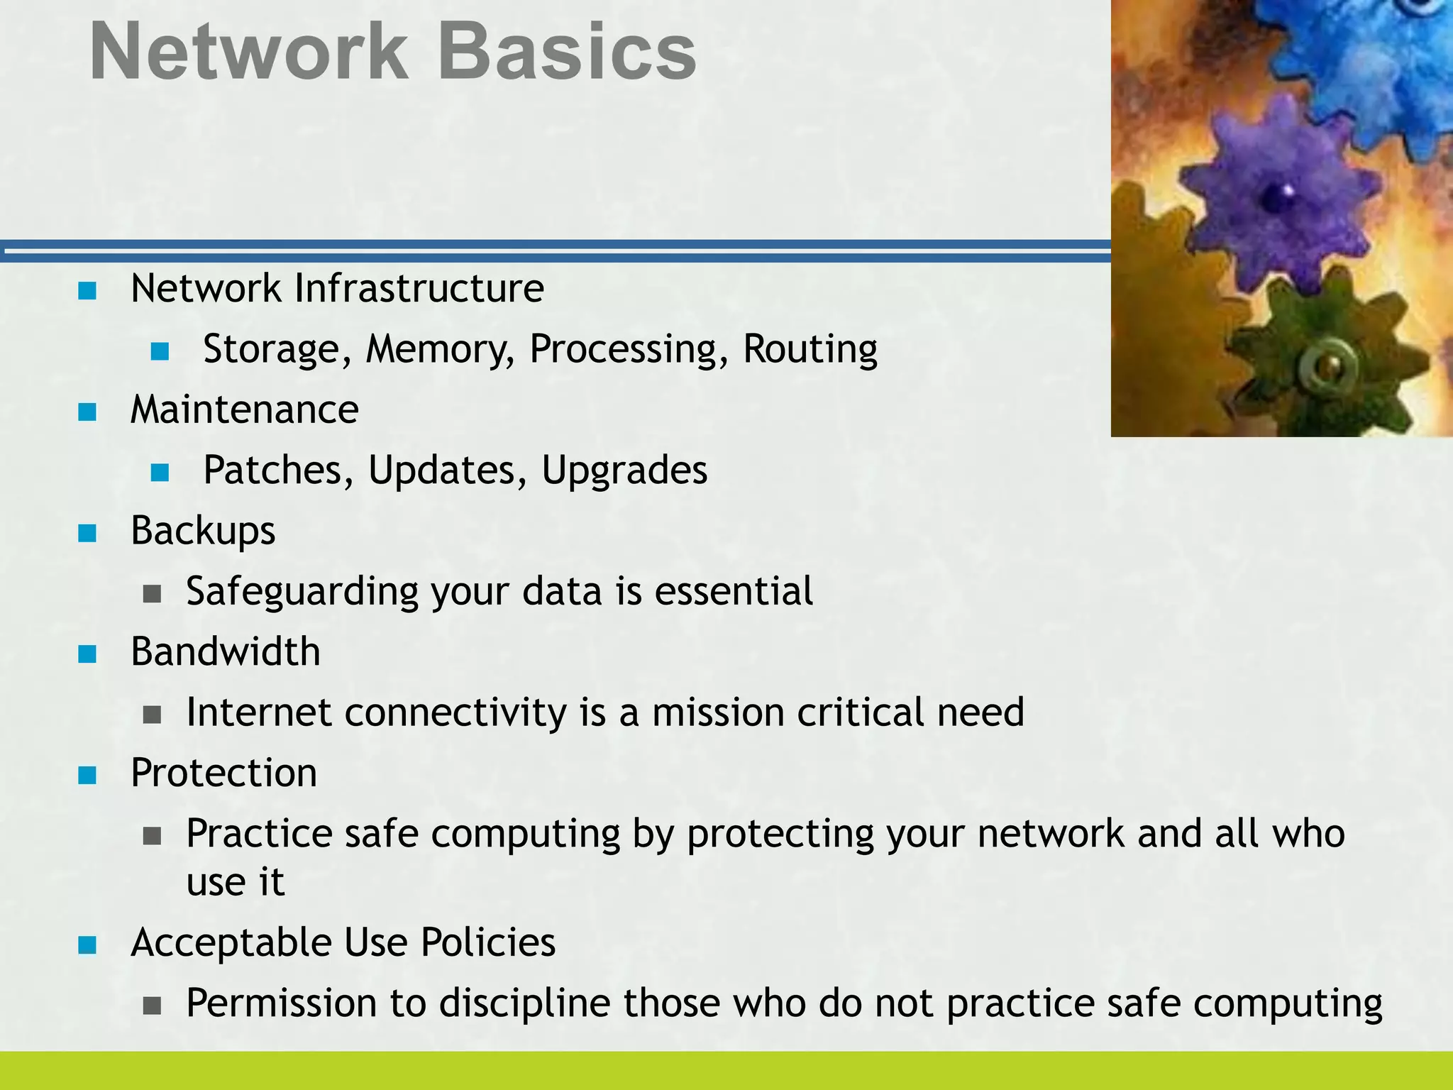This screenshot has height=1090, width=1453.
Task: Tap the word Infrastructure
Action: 419,289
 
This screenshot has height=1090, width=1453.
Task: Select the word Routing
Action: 810,350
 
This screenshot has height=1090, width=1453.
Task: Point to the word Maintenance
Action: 245,410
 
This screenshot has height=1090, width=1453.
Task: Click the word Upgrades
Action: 624,470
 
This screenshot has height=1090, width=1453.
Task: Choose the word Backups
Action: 203,532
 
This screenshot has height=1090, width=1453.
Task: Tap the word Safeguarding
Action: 302,592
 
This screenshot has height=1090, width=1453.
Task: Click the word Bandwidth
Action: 225,652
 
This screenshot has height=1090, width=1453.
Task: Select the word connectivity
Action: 455,712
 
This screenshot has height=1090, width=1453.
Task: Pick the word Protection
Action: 223,773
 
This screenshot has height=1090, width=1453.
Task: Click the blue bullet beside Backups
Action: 87,533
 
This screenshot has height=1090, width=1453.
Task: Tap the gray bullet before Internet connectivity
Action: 152,714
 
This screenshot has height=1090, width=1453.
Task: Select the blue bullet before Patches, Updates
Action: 160,472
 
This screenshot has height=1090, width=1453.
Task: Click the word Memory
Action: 440,350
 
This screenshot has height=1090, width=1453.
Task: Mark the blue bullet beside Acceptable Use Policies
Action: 87,945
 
